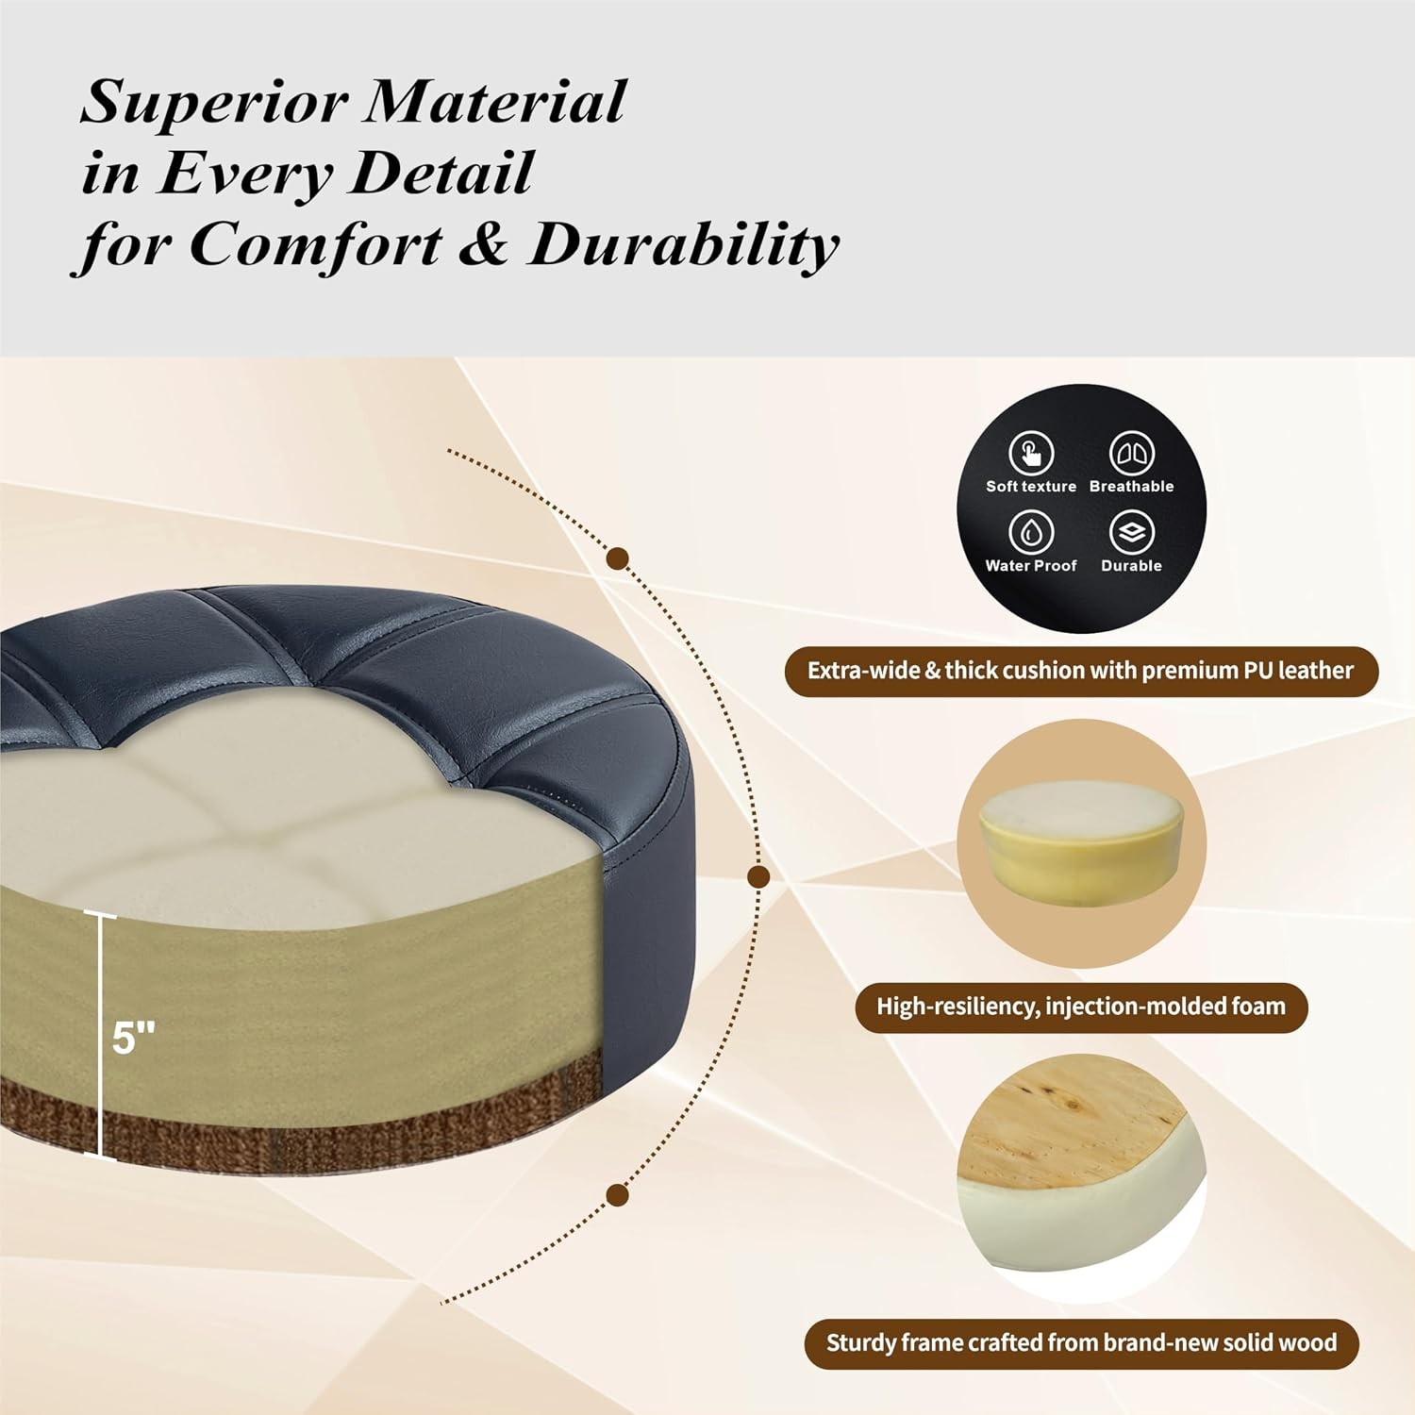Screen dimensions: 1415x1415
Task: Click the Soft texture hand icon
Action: [1031, 453]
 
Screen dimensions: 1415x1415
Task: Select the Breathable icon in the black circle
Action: [1131, 453]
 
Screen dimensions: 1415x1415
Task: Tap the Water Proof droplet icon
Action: [1031, 532]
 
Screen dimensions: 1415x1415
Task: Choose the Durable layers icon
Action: [1131, 532]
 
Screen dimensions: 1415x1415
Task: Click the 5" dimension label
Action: [133, 1038]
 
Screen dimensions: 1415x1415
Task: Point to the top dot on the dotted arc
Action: [619, 558]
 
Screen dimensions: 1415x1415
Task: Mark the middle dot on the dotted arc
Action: [758, 877]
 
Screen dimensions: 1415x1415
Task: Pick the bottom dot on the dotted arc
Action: [618, 1196]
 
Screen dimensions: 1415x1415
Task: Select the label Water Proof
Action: [1031, 566]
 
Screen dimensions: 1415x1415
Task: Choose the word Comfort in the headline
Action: [316, 245]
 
